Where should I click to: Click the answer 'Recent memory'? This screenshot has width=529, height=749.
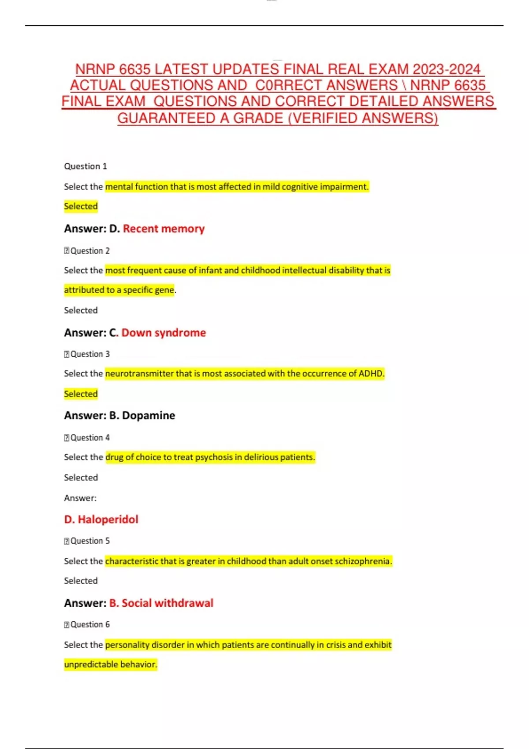tap(164, 229)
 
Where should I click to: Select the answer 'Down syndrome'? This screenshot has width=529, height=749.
tap(164, 333)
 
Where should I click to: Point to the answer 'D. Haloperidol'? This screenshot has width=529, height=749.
tap(101, 519)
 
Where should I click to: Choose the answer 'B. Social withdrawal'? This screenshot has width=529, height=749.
tap(161, 603)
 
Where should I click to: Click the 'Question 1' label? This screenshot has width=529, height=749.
tap(86, 166)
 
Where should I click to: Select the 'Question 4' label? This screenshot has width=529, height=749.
tap(90, 438)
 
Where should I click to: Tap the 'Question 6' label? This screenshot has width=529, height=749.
tap(90, 624)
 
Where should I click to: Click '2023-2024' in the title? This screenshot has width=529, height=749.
tap(446, 69)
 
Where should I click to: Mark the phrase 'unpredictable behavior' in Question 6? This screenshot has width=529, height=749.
tap(110, 664)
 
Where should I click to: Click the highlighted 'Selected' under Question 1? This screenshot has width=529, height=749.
tap(81, 206)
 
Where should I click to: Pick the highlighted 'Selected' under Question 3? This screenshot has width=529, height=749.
tap(81, 394)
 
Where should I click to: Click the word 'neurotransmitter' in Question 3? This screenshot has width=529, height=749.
tap(139, 374)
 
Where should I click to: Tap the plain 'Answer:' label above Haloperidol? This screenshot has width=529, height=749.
tap(80, 498)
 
